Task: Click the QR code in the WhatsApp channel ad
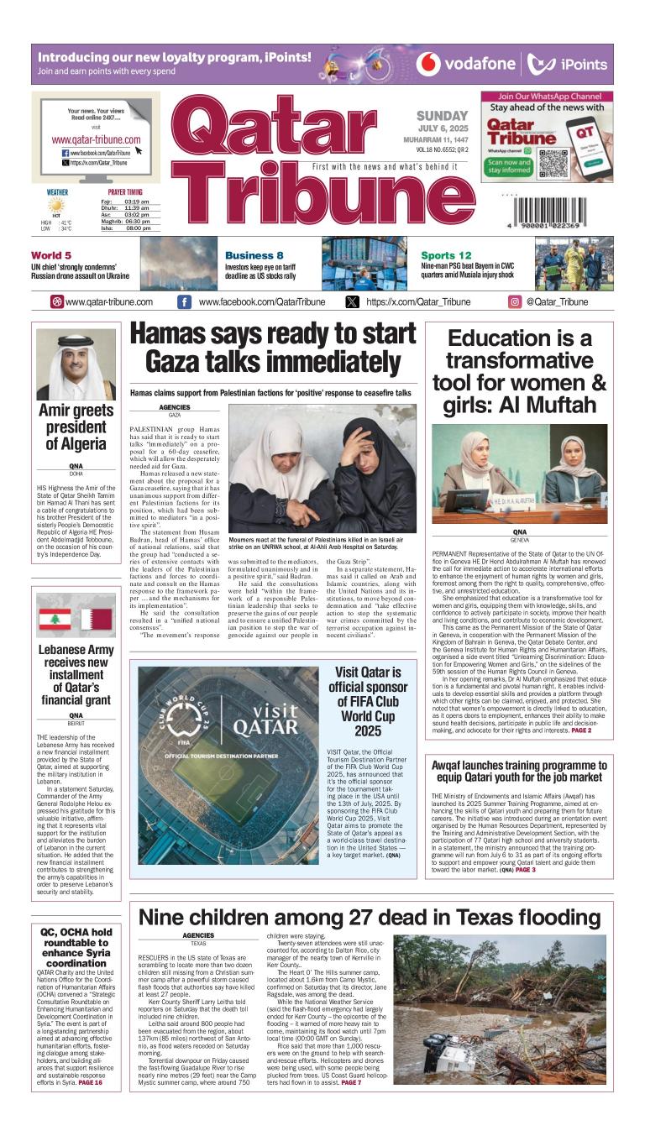[x=553, y=161]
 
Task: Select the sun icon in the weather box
[x=56, y=205]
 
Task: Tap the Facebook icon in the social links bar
[x=184, y=302]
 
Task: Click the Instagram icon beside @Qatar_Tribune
[x=515, y=302]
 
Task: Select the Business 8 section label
[x=254, y=255]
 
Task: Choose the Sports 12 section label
[x=446, y=255]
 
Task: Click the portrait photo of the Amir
[x=76, y=364]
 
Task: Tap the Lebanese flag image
[x=54, y=619]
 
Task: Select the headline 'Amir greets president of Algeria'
[x=76, y=427]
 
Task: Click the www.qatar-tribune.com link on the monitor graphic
[x=96, y=139]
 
